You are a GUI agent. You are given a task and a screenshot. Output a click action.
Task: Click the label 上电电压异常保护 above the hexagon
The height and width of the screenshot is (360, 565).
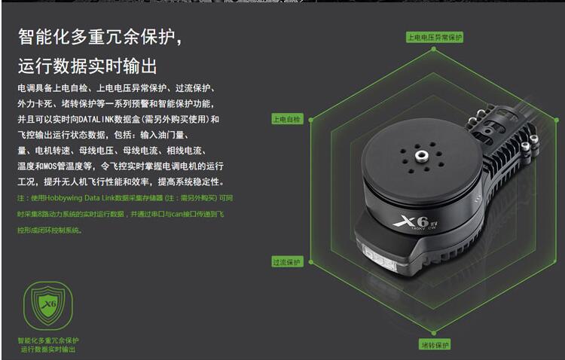coord(435,37)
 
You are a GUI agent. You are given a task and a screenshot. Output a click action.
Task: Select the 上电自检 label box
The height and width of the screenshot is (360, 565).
coord(286,119)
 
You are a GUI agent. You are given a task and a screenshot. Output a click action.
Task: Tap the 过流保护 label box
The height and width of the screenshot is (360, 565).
coord(286,262)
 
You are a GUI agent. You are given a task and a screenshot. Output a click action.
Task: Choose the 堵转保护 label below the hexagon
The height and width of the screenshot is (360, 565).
coord(435,344)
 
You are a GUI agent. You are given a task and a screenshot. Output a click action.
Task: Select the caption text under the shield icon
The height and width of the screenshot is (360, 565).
coord(48,345)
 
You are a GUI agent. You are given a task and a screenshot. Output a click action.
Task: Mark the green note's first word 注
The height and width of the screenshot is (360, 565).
coord(20,198)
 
